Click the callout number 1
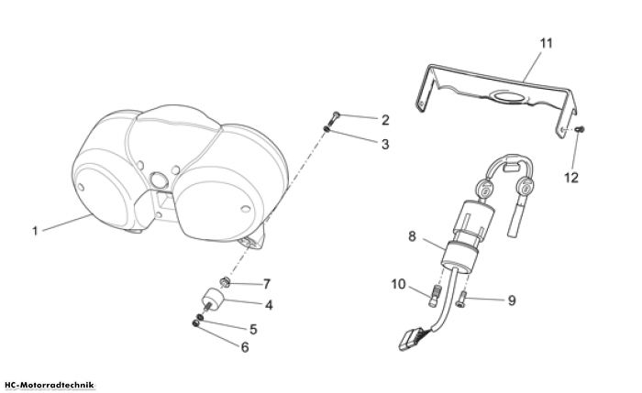pos(35,231)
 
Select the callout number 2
pos(385,120)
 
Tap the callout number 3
pos(385,145)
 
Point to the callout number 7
pos(267,283)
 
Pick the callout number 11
pos(547,43)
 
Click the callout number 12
pos(571,178)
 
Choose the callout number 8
pos(412,236)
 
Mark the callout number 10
pos(398,284)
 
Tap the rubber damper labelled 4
pos(213,300)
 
